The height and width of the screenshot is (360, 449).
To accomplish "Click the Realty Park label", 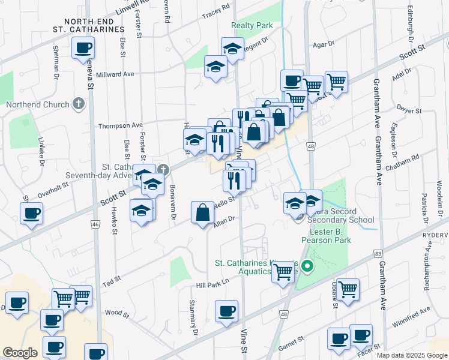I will click(252, 25).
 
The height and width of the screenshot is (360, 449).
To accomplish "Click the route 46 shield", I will click(95, 224).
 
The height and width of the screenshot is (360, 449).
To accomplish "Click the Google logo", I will click(20, 353).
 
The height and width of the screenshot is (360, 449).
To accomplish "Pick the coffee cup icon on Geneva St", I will click(83, 48).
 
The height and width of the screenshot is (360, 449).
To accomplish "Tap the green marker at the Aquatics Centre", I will click(307, 265).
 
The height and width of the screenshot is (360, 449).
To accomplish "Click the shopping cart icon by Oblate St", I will click(348, 289).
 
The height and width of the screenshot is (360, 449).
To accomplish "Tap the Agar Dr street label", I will click(322, 44).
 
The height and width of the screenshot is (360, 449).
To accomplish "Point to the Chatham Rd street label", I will click(407, 160).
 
